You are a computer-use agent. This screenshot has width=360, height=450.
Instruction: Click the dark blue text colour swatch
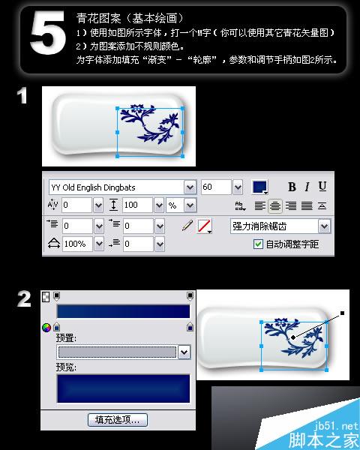tap(260, 187)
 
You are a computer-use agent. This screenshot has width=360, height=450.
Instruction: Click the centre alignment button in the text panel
tap(277, 205)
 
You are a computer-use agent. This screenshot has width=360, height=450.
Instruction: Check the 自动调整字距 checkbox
tap(259, 244)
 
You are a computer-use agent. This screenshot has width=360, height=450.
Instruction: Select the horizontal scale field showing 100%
tap(76, 244)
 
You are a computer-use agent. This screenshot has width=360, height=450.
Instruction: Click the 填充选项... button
tap(118, 420)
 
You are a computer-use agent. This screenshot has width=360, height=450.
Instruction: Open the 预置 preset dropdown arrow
tap(184, 352)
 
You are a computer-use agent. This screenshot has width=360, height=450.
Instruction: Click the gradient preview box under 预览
tap(123, 388)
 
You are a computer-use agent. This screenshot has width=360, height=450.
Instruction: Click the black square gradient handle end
tap(341, 313)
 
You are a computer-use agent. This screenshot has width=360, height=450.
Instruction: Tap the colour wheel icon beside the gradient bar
tap(46, 328)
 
